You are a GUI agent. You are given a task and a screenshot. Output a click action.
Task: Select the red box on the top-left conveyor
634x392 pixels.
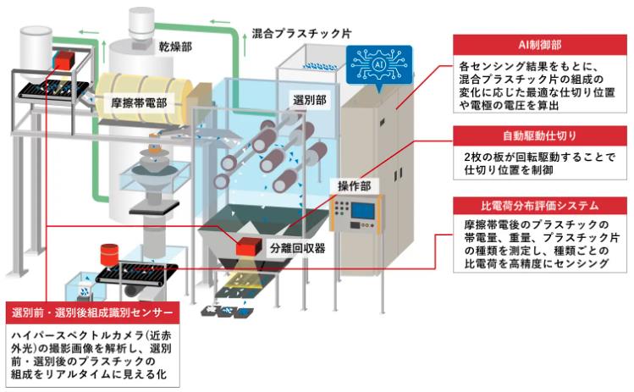pyautogui.click(x=63, y=59)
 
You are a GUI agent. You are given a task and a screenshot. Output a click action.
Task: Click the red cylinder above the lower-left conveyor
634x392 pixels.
pyautogui.click(x=108, y=253)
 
